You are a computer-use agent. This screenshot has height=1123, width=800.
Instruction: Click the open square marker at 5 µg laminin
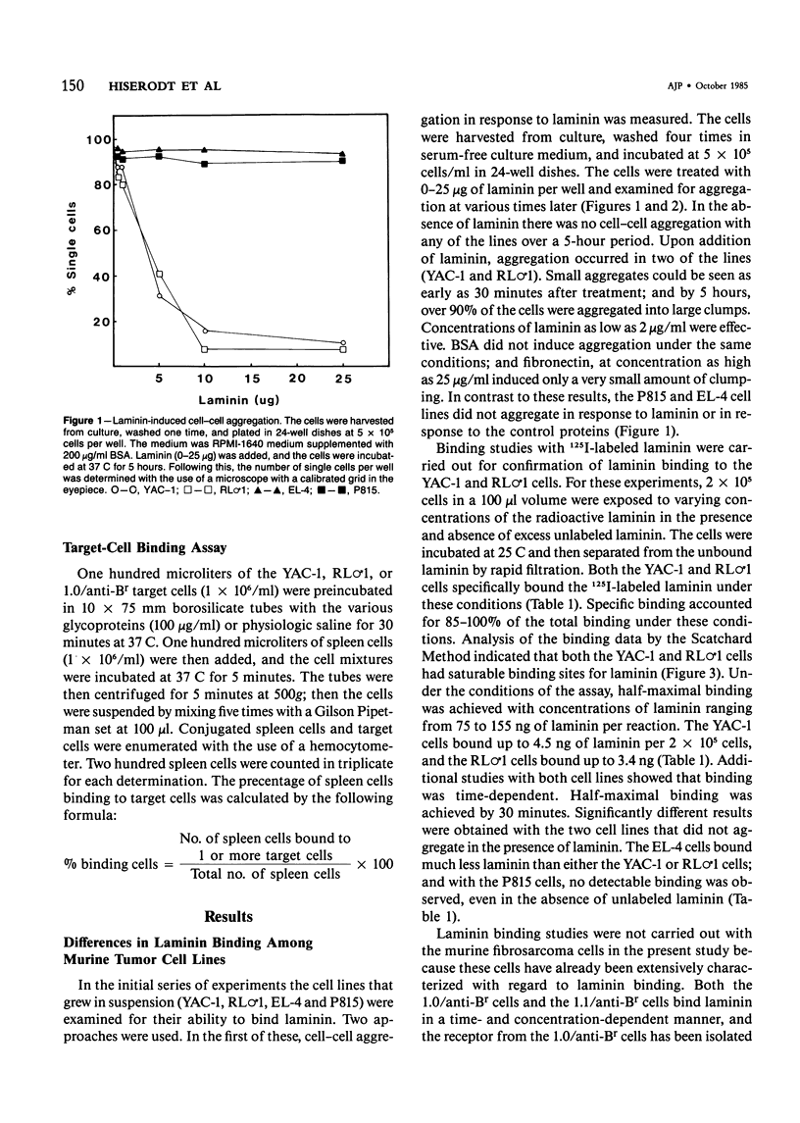coord(160,276)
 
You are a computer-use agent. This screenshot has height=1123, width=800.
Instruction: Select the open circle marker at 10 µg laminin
coord(204,331)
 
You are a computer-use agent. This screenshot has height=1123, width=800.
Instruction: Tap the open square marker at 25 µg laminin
coord(342,349)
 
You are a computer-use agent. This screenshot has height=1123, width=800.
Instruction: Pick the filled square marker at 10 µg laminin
coord(204,164)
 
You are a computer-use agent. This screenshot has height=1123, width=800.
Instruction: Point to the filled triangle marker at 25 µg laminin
coord(342,154)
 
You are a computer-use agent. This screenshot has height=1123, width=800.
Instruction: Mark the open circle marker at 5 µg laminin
coord(160,295)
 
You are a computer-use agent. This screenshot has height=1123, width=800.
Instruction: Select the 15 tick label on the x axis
coord(250,379)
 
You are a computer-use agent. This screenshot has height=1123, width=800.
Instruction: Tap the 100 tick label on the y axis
coord(94,139)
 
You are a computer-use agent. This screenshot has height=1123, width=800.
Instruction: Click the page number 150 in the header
coord(68,59)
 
